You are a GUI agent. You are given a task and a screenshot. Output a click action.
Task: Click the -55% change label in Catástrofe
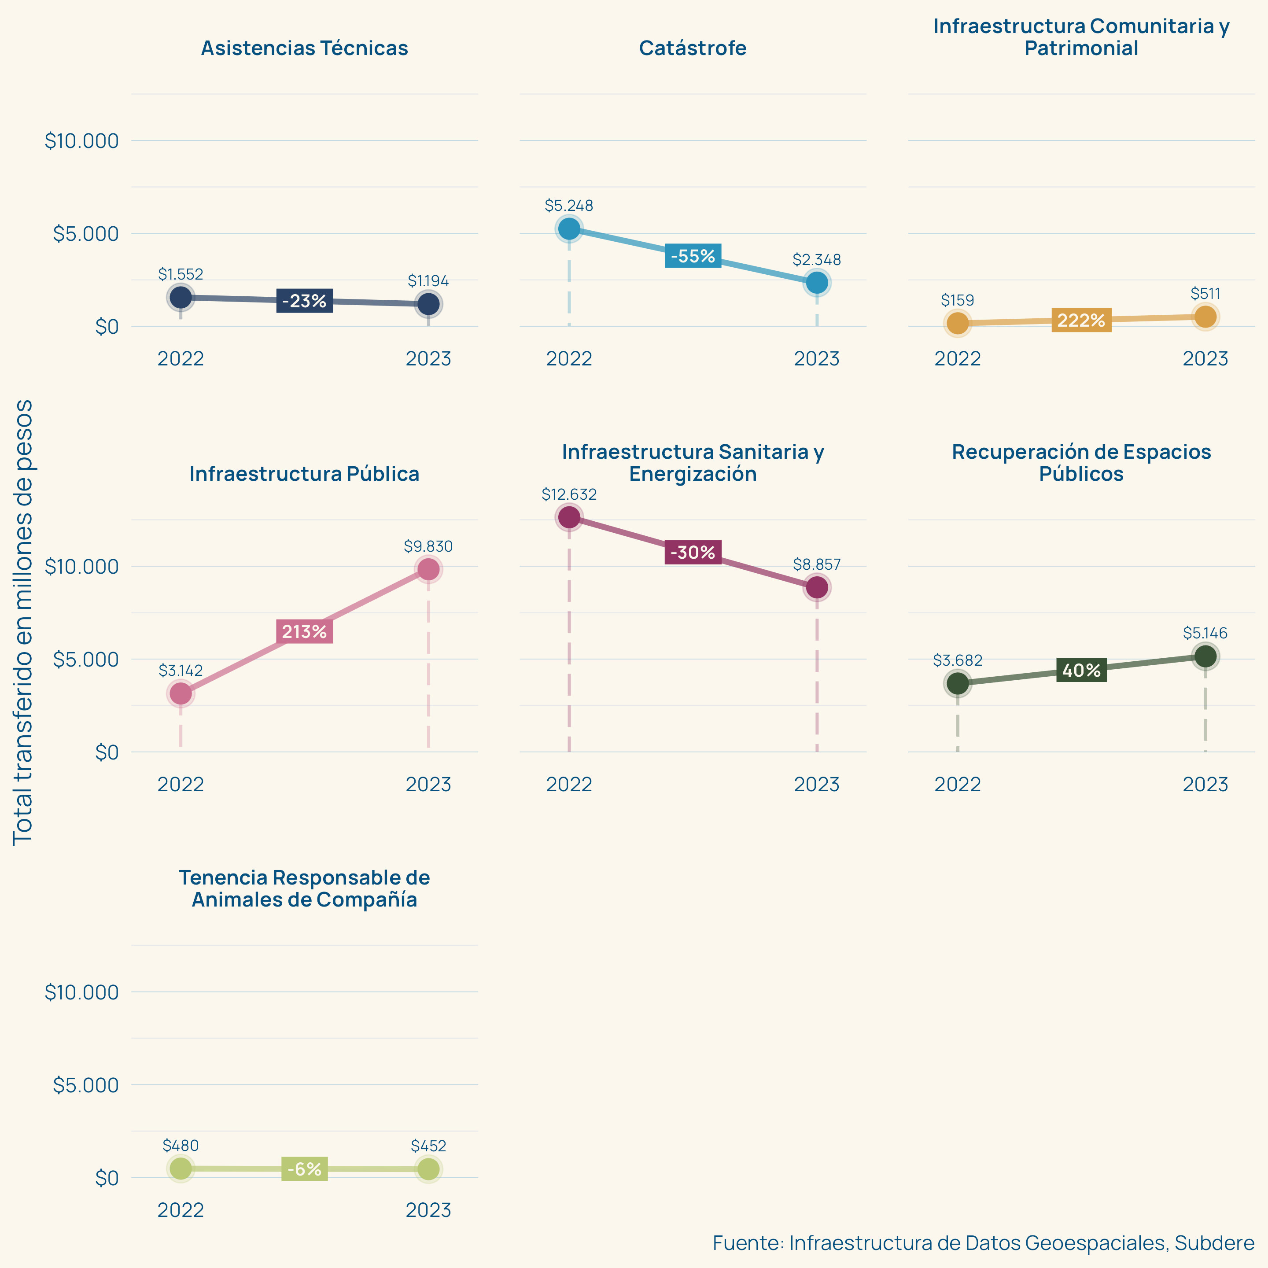(693, 256)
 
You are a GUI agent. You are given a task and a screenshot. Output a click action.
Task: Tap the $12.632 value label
(569, 494)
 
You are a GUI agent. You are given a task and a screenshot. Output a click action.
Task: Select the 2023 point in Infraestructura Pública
(428, 569)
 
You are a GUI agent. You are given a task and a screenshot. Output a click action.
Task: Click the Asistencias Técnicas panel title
(305, 48)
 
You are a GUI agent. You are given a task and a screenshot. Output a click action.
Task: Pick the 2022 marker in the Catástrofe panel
(569, 229)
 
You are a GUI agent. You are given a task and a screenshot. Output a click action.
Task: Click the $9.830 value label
(428, 546)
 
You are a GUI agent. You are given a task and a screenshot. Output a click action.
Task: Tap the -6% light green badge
(305, 1169)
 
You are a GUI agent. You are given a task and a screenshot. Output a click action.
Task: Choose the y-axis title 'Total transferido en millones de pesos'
(24, 622)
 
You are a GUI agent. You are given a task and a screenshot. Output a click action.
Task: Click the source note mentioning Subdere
(983, 1242)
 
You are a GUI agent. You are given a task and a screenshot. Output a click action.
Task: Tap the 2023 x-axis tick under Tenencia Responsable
(428, 1209)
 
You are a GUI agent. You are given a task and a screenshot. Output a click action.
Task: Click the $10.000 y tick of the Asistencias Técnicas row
(82, 140)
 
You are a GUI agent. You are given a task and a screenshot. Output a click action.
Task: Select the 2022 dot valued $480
(181, 1168)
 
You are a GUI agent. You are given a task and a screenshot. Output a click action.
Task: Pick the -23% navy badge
(305, 301)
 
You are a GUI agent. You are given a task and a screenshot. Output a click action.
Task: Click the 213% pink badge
(305, 631)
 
